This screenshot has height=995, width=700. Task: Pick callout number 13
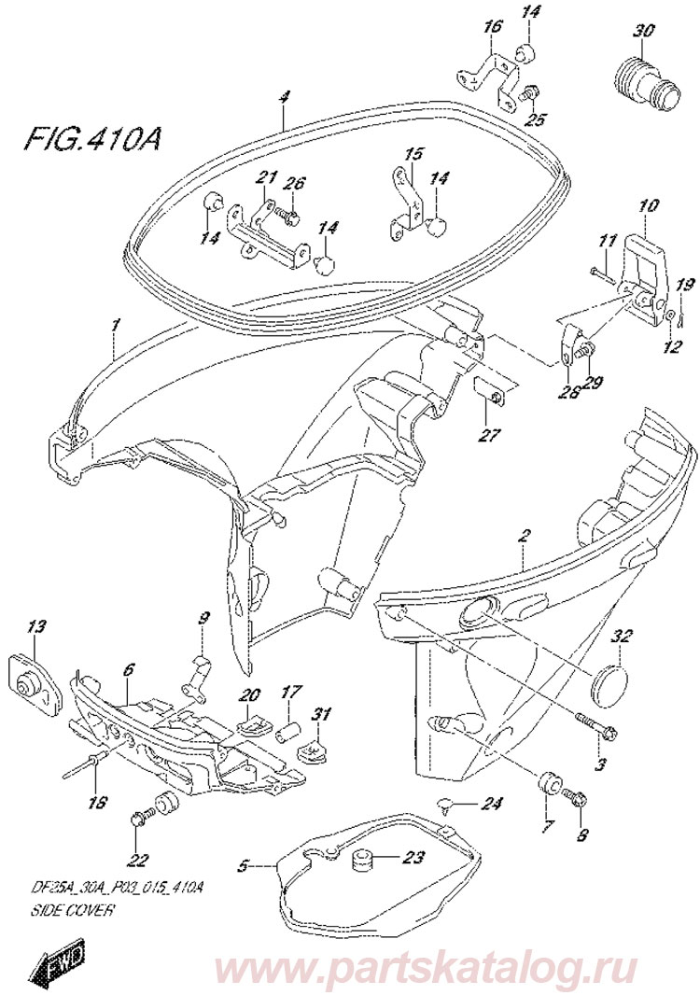coord(35,625)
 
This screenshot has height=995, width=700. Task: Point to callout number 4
coord(286,95)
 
